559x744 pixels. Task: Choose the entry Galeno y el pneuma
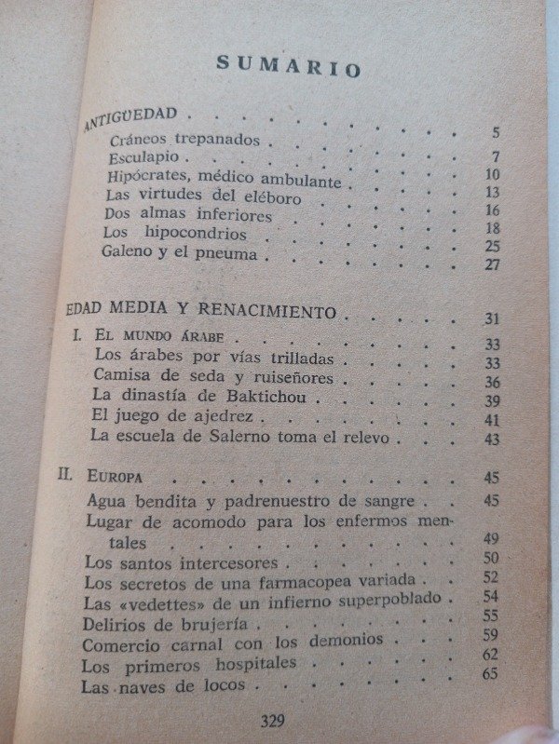click(x=185, y=251)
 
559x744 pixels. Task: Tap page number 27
click(x=493, y=264)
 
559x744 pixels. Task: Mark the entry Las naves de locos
click(x=163, y=687)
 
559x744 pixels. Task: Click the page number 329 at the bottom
click(x=273, y=720)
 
